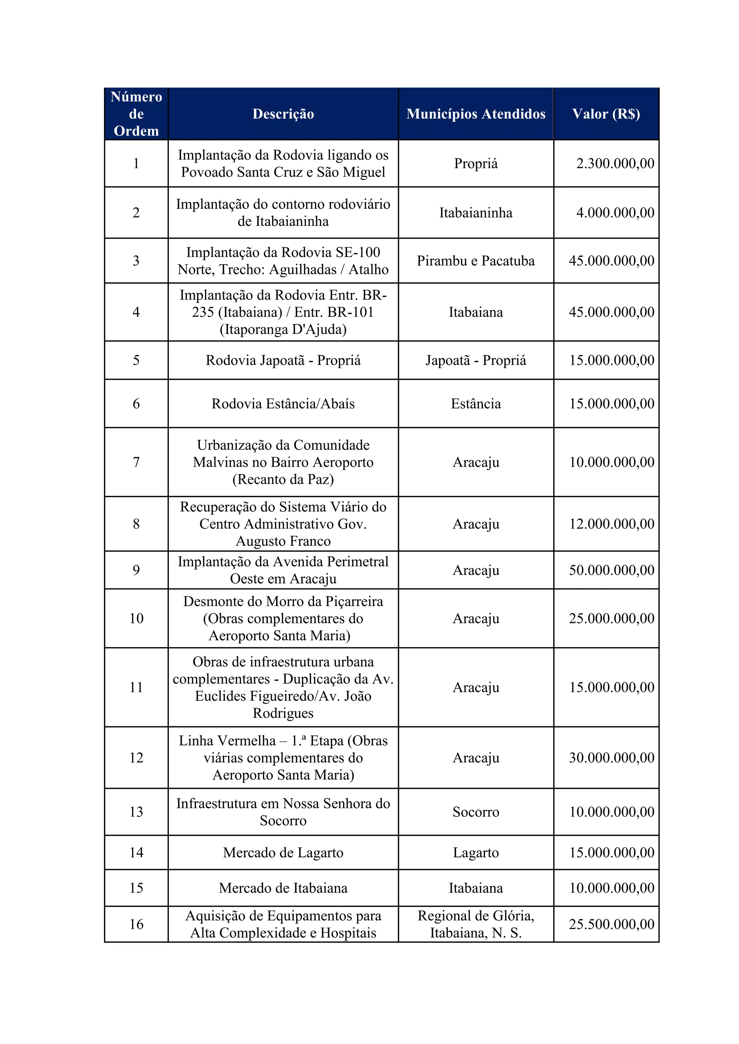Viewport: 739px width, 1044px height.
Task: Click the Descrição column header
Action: pyautogui.click(x=283, y=114)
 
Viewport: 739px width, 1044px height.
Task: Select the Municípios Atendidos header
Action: pyautogui.click(x=476, y=114)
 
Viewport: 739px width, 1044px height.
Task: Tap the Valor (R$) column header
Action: pyautogui.click(x=606, y=114)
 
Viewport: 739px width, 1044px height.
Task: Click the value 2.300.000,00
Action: pyautogui.click(x=615, y=163)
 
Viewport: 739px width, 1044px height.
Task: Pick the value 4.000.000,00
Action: pyautogui.click(x=615, y=212)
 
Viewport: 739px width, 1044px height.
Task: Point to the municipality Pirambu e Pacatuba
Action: pyautogui.click(x=476, y=261)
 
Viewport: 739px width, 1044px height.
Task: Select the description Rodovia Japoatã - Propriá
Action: pyautogui.click(x=283, y=360)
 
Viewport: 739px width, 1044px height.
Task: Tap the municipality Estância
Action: pyautogui.click(x=476, y=403)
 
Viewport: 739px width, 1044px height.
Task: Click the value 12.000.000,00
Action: pyautogui.click(x=612, y=524)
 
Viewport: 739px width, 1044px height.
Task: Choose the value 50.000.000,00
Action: pyautogui.click(x=612, y=570)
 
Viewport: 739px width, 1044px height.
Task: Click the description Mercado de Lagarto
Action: pyautogui.click(x=283, y=853)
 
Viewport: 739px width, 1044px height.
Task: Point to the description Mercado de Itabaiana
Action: pyautogui.click(x=283, y=888)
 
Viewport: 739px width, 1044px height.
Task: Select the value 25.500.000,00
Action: pyautogui.click(x=612, y=924)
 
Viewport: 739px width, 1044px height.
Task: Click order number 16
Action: pyautogui.click(x=136, y=924)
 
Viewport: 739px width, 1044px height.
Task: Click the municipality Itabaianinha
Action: pyautogui.click(x=476, y=212)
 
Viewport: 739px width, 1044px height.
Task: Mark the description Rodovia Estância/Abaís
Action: pyautogui.click(x=283, y=403)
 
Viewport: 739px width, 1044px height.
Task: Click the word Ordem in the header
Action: pyautogui.click(x=136, y=131)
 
